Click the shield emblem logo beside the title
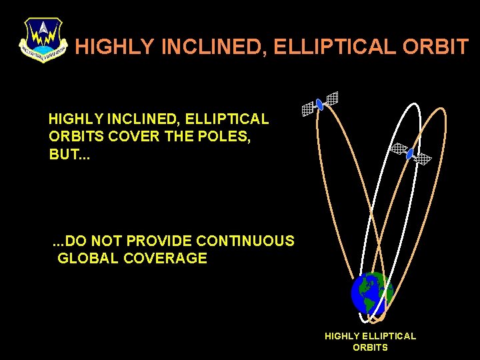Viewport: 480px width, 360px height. coord(43,39)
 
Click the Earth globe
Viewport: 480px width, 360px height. coord(371,293)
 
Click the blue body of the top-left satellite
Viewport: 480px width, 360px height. coord(319,104)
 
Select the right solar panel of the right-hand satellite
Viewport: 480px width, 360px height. coord(423,159)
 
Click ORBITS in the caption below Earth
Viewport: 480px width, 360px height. coord(370,347)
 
